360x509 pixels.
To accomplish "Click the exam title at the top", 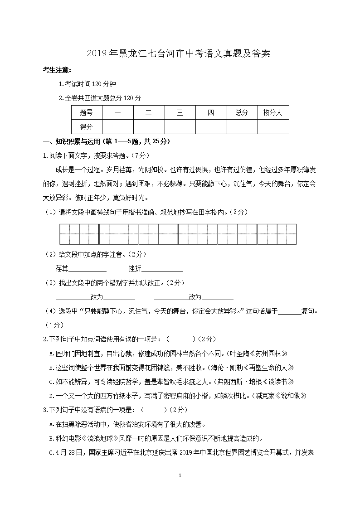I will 180,54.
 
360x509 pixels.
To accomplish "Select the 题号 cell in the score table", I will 87,113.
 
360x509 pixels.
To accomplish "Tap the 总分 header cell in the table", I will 242,113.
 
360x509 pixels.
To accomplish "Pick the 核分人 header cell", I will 273,113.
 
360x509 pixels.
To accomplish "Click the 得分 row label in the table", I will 87,126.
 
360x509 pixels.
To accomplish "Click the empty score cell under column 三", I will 180,126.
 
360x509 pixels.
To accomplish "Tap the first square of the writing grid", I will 69,234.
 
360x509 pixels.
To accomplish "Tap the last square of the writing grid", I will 286,234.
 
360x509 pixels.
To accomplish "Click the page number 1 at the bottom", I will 180,475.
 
